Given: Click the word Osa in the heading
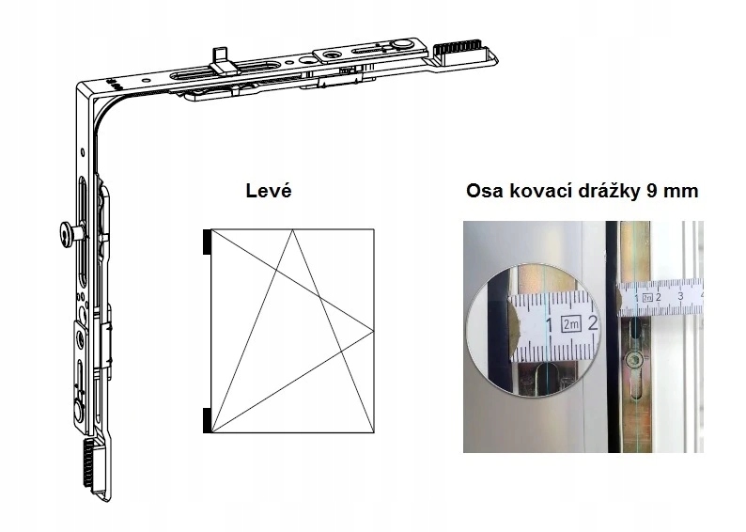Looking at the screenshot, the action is [486, 191].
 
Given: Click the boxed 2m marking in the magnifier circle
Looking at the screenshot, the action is [569, 325].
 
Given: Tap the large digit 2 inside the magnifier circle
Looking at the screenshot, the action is [593, 324].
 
